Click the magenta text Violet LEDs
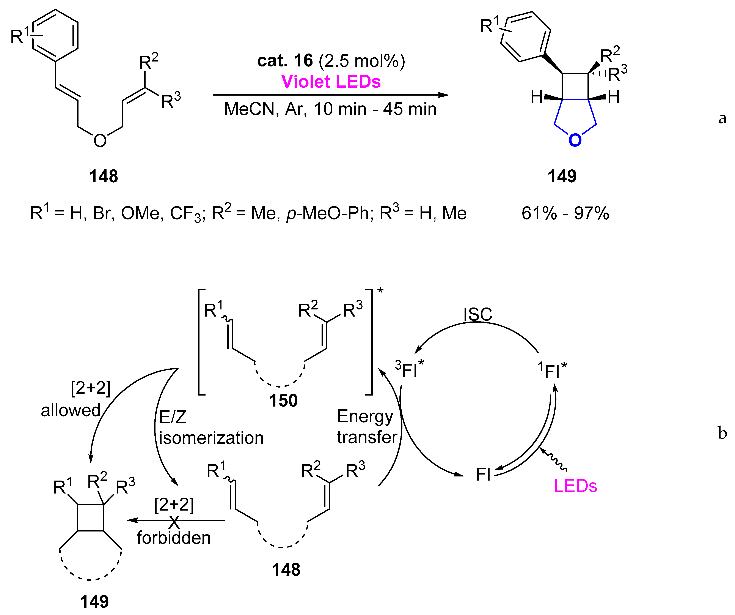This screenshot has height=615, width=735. (x=331, y=82)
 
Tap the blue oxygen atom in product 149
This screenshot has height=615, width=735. (x=575, y=140)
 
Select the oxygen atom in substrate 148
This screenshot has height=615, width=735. (x=100, y=141)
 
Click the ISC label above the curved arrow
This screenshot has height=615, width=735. (x=477, y=314)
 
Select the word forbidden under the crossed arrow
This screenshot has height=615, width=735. (x=174, y=538)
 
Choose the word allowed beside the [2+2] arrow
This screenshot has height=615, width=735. (x=71, y=410)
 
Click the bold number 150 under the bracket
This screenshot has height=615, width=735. (x=283, y=400)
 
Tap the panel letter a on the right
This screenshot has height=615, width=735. (x=722, y=118)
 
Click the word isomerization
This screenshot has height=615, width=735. (x=211, y=438)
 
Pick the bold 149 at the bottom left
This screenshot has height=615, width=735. (x=94, y=602)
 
